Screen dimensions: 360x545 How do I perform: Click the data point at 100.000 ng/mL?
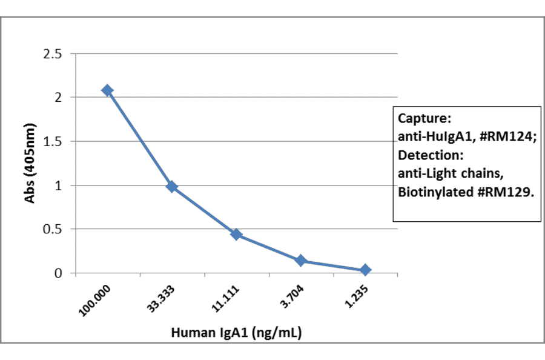(x=107, y=90)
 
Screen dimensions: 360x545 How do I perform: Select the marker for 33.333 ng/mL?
(x=172, y=186)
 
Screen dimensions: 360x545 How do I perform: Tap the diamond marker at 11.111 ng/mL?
(x=236, y=234)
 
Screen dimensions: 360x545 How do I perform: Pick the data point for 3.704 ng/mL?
(x=300, y=261)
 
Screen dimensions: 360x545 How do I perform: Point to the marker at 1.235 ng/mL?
(x=365, y=270)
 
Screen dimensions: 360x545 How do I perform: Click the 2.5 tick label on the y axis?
(x=52, y=54)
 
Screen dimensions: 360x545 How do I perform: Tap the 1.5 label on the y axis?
(x=52, y=142)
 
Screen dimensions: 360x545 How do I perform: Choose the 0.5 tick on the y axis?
(x=52, y=230)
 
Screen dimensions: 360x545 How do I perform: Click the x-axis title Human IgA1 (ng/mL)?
(x=236, y=333)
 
